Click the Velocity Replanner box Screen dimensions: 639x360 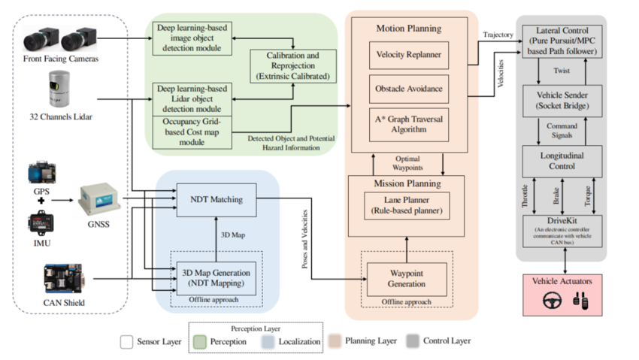point(409,55)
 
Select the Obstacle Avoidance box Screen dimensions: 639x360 point(409,89)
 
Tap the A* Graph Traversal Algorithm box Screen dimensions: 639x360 point(409,125)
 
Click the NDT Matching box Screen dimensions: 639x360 point(217,200)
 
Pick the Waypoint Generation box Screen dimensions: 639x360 point(407,279)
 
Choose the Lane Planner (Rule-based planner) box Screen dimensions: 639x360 point(407,206)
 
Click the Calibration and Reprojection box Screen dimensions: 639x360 point(293,66)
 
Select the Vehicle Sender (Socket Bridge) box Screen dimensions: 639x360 point(562,101)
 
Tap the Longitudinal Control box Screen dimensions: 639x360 point(562,161)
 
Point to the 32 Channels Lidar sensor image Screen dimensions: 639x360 point(59,89)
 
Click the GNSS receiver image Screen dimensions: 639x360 point(100,201)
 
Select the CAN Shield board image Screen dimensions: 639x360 point(65,279)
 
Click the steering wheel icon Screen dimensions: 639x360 point(553,301)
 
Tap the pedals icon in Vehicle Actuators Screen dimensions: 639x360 point(580,301)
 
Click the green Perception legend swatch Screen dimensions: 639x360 point(200,342)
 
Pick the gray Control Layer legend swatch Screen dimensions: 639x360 point(413,341)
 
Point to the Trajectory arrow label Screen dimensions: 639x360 point(498,35)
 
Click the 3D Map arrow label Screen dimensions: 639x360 point(233,235)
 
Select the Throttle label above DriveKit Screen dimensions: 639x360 point(525,196)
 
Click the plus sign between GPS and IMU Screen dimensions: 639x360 point(41,201)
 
